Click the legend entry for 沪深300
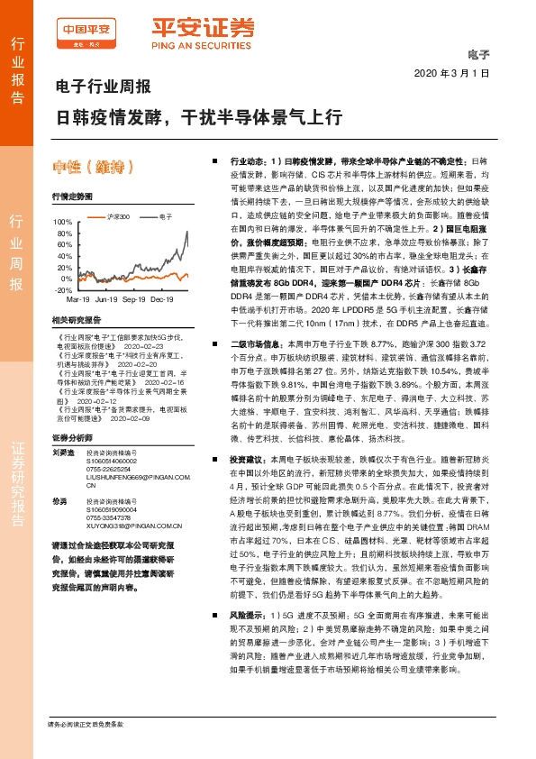(118, 217)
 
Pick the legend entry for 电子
(165, 217)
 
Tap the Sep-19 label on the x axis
(134, 298)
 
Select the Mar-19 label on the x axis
(77, 298)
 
